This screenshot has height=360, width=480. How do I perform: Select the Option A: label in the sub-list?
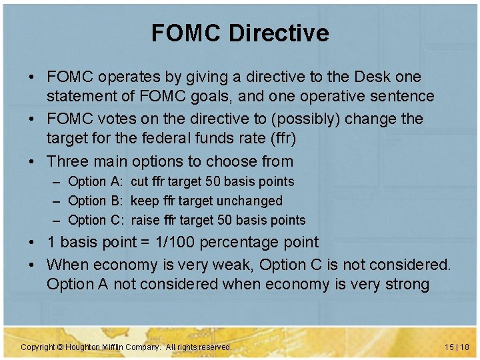coord(96,181)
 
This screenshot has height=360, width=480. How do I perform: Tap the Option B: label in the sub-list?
coord(96,201)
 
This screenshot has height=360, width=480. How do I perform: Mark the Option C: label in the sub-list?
coord(96,220)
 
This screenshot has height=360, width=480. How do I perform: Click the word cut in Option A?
coord(140,181)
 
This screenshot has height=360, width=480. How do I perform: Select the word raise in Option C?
coord(146,220)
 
